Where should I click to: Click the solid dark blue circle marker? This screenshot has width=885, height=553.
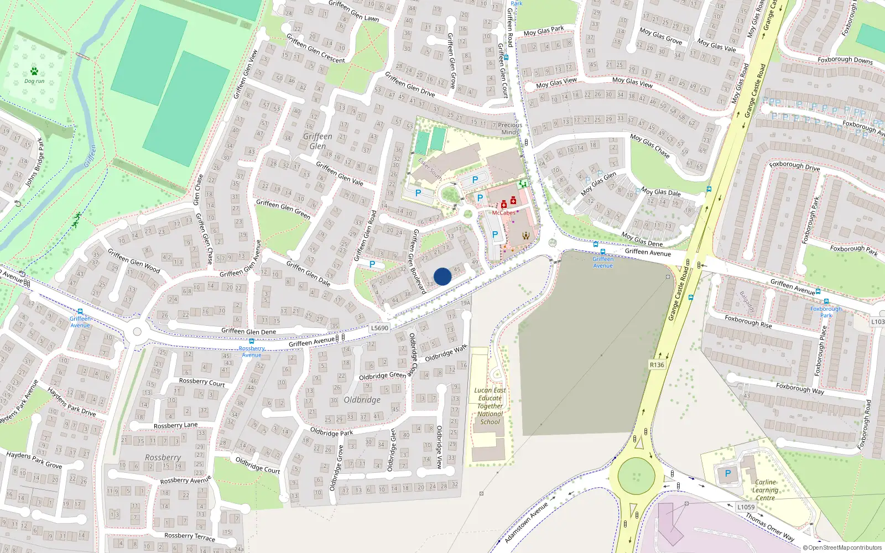tap(442, 276)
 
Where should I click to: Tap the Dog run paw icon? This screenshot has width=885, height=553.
tap(34, 71)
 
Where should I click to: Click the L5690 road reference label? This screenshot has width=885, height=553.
tap(379, 328)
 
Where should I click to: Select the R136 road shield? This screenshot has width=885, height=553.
tap(657, 365)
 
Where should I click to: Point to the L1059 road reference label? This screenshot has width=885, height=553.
tap(746, 507)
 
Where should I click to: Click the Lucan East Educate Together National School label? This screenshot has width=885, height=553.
tap(490, 406)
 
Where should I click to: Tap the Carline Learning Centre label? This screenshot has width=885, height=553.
tap(765, 490)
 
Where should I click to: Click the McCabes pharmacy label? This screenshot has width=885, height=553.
tap(503, 213)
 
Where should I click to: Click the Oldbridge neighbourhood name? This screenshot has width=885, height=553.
tap(362, 400)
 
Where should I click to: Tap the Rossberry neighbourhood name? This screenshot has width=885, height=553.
tap(163, 458)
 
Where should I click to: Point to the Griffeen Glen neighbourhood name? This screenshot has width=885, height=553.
tap(317, 141)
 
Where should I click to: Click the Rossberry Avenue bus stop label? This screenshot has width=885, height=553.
tap(252, 352)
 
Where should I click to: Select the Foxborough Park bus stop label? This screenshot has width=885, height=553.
tap(826, 312)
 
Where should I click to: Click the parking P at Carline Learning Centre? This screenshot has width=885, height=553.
tap(727, 473)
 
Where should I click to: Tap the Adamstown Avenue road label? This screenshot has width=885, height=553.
tap(526, 522)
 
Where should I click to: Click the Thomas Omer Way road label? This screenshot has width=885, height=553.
tap(769, 528)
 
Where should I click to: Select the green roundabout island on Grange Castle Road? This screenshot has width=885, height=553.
tap(636, 476)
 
